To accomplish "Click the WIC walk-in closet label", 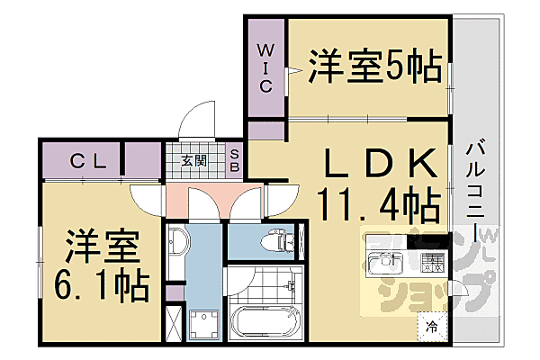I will pyautogui.click(x=267, y=67).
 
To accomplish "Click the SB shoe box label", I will pyautogui.click(x=232, y=162).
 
